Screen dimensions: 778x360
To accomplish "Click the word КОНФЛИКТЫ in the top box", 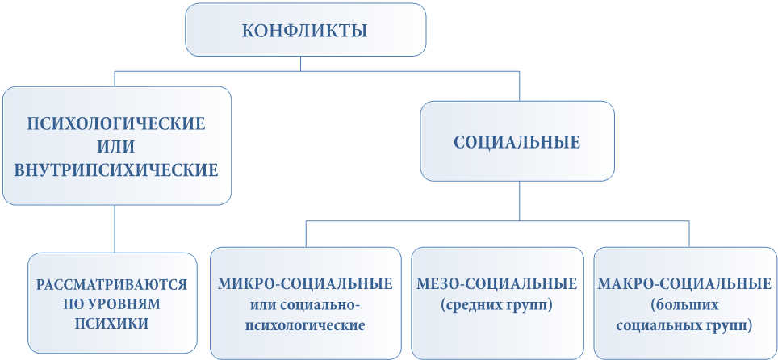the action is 304,31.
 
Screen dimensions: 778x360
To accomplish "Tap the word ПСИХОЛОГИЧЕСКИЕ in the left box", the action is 116,123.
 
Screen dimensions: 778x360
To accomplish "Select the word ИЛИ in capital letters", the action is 116,147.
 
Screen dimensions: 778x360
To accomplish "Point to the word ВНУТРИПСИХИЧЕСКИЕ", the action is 116,170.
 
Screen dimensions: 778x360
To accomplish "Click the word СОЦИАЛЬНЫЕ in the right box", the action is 517,142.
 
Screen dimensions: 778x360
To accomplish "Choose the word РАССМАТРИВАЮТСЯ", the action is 113,285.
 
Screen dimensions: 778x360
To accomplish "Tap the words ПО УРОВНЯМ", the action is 113,303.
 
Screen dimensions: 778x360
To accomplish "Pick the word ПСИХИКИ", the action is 113,323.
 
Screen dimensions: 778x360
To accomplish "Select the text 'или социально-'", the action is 306,304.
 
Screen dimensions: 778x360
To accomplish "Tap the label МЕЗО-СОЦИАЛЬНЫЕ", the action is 497,284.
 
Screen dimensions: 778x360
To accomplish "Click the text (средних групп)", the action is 497,304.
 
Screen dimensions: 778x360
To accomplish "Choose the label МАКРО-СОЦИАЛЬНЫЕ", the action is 685,284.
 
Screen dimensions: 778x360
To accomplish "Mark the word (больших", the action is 685,304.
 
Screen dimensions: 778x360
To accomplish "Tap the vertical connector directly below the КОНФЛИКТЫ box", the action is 301,64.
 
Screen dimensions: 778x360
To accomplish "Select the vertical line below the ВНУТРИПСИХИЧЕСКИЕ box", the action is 115,229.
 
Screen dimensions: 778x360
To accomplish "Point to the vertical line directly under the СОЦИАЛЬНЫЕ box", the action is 519,201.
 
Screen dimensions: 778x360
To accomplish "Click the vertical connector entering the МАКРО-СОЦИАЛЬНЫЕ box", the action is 689,233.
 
